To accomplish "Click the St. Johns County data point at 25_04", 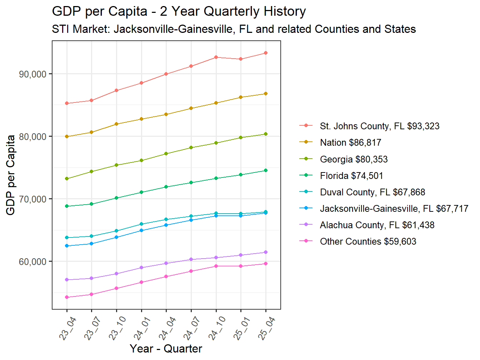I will coord(266,53).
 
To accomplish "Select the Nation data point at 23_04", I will coord(67,136).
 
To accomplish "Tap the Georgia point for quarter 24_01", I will coord(141,160).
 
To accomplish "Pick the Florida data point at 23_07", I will coord(91,204).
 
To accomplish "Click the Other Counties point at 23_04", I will coord(67,297).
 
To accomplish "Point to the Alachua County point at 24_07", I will coord(191,259).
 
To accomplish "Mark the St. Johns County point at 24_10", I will coord(216,57).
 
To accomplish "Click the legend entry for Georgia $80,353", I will coord(354,159).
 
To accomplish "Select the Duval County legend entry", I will coord(372,192).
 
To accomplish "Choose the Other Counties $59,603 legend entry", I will coord(368,241).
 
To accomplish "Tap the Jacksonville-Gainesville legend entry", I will coord(394,209).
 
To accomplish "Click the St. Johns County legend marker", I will coord(306,126).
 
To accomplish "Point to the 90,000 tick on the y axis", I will coord(32,74).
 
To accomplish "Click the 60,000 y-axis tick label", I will coord(32,262).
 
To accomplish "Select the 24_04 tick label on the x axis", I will coord(167,329).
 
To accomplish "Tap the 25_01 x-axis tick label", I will coord(242,329).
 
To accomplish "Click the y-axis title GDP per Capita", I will coord(11,175).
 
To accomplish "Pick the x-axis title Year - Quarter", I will coord(166,349).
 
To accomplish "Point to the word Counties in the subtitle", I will coord(337,29).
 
